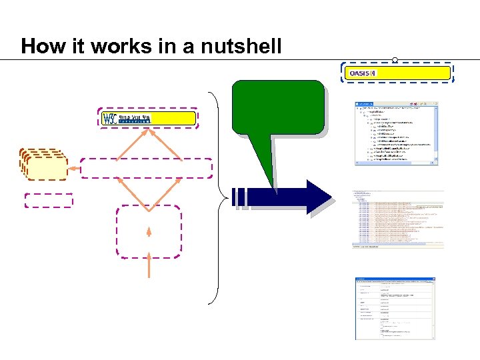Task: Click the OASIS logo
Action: pyautogui.click(x=364, y=73)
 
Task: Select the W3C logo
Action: pyautogui.click(x=127, y=119)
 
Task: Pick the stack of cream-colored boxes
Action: pyautogui.click(x=44, y=164)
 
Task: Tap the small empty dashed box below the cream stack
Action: pyautogui.click(x=48, y=200)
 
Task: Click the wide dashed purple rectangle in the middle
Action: pyautogui.click(x=147, y=169)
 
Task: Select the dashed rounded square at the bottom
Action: pyautogui.click(x=149, y=231)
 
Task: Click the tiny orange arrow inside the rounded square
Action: pyautogui.click(x=149, y=231)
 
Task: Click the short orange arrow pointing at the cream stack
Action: pyautogui.click(x=75, y=169)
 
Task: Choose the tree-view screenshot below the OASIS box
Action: pyautogui.click(x=396, y=134)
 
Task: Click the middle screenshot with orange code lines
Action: pyautogui.click(x=397, y=219)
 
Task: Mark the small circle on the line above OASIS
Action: pyautogui.click(x=395, y=60)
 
